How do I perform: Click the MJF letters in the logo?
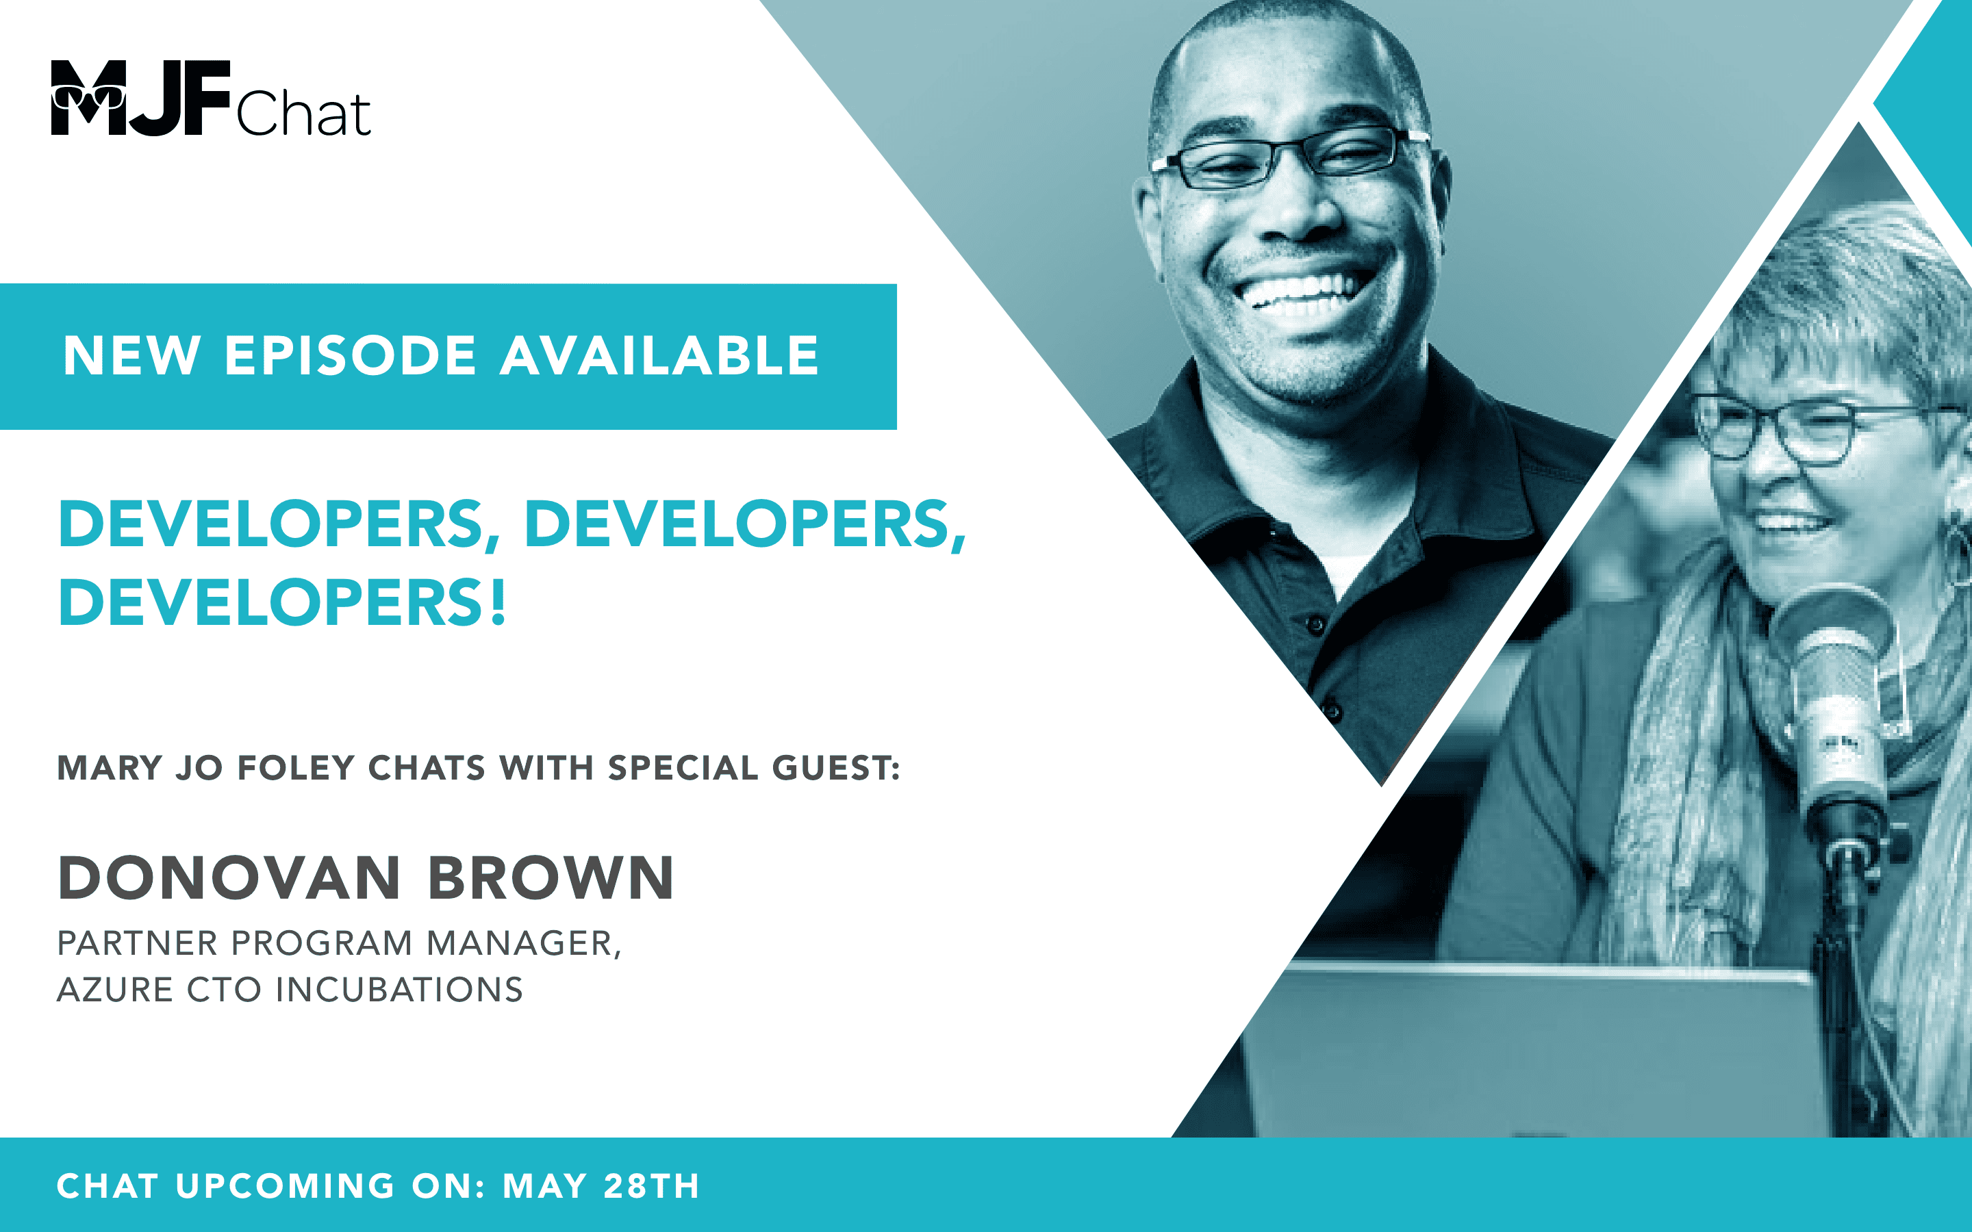point(140,97)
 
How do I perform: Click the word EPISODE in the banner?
point(350,356)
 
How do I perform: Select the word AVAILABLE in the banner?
point(659,356)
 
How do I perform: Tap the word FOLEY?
point(296,767)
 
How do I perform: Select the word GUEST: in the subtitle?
point(835,767)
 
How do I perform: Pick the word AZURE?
point(115,990)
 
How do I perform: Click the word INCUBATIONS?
point(399,990)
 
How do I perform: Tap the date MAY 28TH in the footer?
point(601,1185)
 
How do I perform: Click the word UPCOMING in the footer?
point(286,1185)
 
